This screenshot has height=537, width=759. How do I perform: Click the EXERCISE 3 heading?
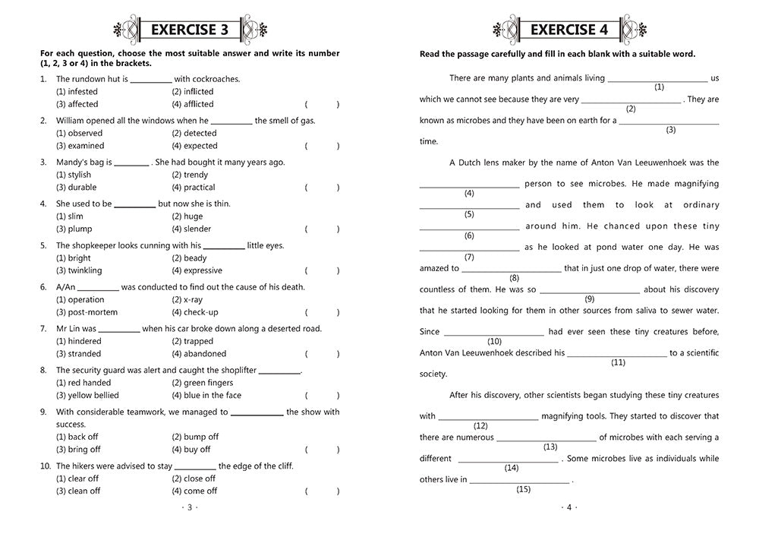[190, 30]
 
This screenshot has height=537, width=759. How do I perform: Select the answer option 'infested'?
[77, 91]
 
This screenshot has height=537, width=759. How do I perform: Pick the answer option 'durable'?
[77, 187]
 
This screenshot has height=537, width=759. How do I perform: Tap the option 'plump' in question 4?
[74, 229]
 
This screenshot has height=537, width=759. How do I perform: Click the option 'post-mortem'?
[84, 312]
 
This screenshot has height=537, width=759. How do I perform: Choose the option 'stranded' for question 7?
[79, 353]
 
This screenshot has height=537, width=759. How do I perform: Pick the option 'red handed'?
[83, 383]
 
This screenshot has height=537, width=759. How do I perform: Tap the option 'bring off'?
[78, 450]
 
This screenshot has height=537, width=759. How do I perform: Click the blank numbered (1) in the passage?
[658, 77]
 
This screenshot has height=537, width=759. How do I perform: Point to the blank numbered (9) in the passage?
[589, 289]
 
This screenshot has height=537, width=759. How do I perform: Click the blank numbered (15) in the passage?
[520, 479]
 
